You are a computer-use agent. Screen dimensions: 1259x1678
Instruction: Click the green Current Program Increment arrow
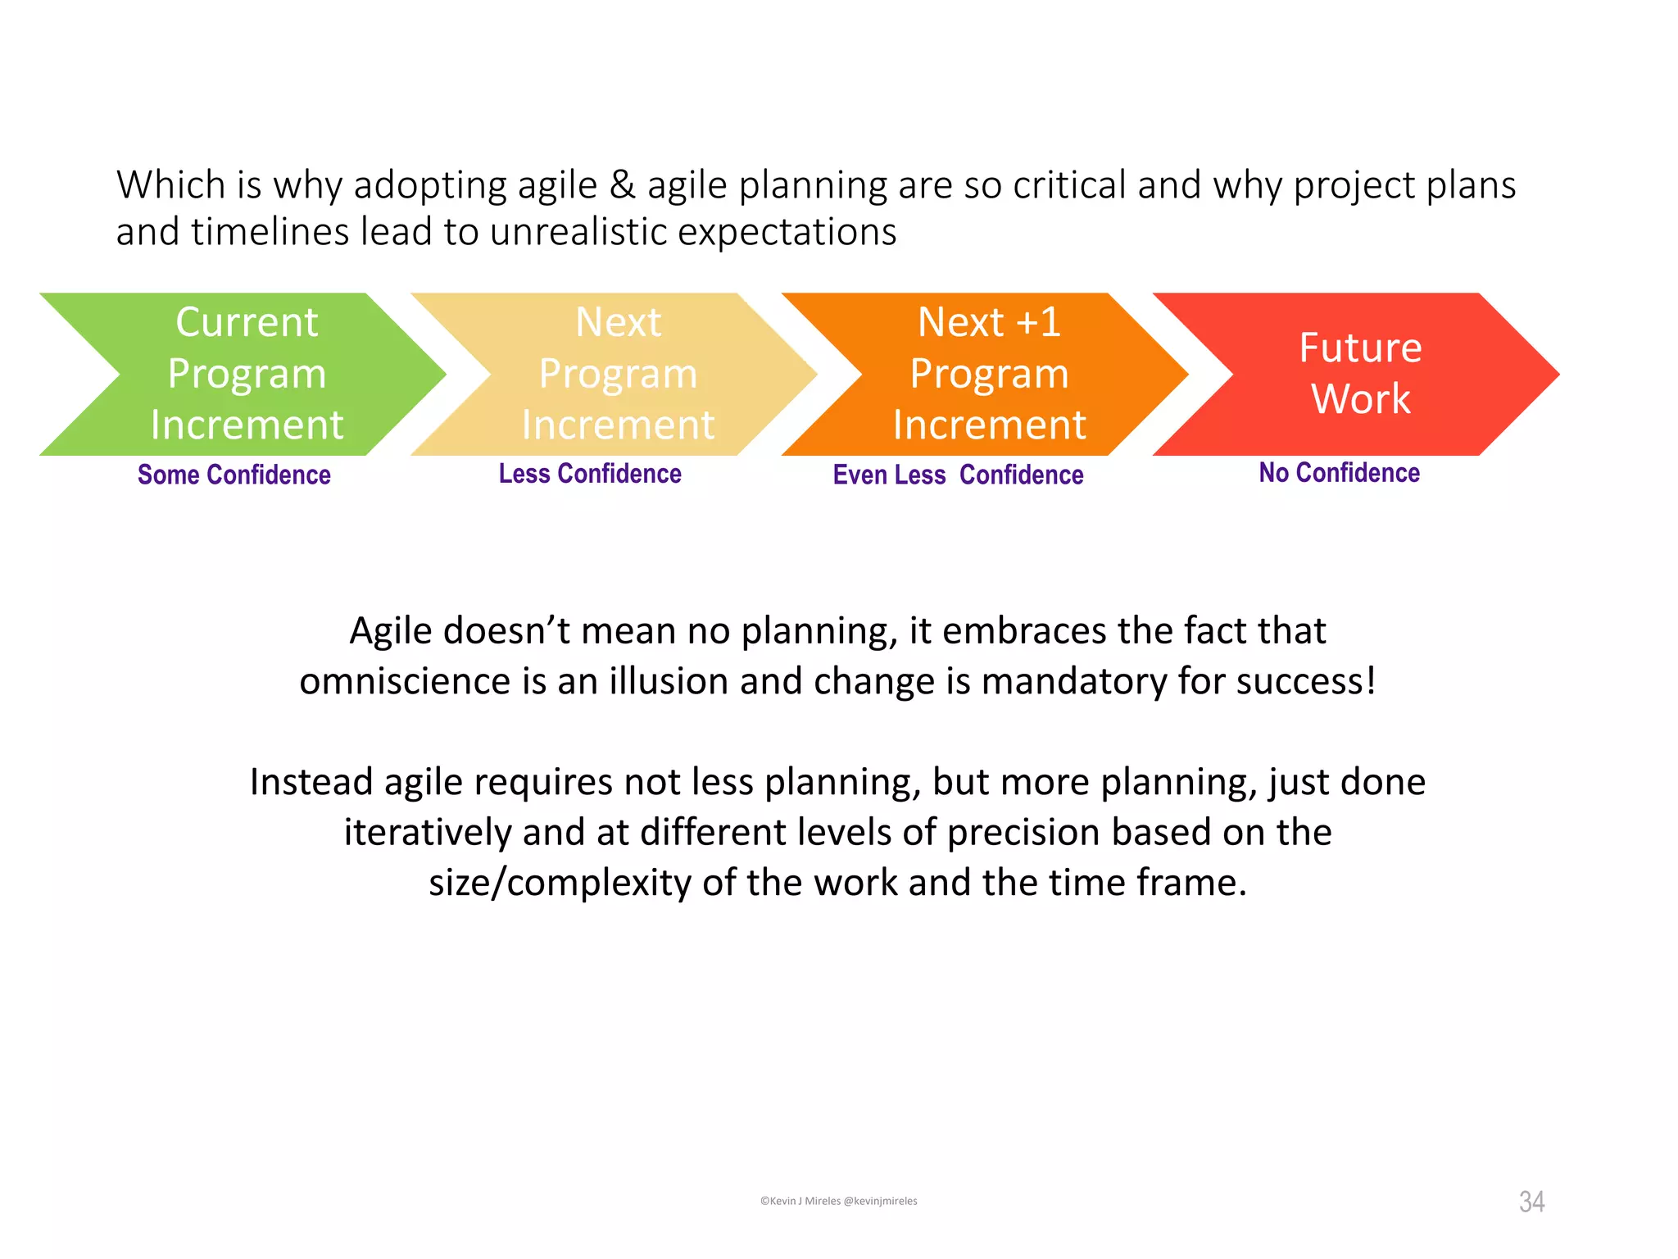pos(246,374)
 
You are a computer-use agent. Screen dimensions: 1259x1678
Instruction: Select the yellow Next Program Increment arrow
pos(618,374)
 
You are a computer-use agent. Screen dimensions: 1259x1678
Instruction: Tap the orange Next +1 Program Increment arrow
pos(989,374)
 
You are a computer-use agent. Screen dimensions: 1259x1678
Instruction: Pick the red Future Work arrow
pos(1360,374)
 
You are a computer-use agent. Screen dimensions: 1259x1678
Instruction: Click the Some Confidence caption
pos(234,475)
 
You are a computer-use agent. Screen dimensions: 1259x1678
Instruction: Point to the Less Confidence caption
pos(590,474)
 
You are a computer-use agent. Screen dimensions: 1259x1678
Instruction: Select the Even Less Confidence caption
pos(958,475)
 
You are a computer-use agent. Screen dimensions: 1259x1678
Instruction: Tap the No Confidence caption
pos(1339,473)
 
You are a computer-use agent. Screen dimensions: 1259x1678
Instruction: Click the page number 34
pos(1531,1202)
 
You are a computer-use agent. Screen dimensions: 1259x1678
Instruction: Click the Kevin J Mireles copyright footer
pos(838,1201)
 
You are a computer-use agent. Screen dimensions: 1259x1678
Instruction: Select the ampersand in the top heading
pos(622,185)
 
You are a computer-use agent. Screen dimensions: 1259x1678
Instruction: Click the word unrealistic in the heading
pos(578,232)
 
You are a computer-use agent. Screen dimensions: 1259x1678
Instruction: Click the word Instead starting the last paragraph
pos(311,782)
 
